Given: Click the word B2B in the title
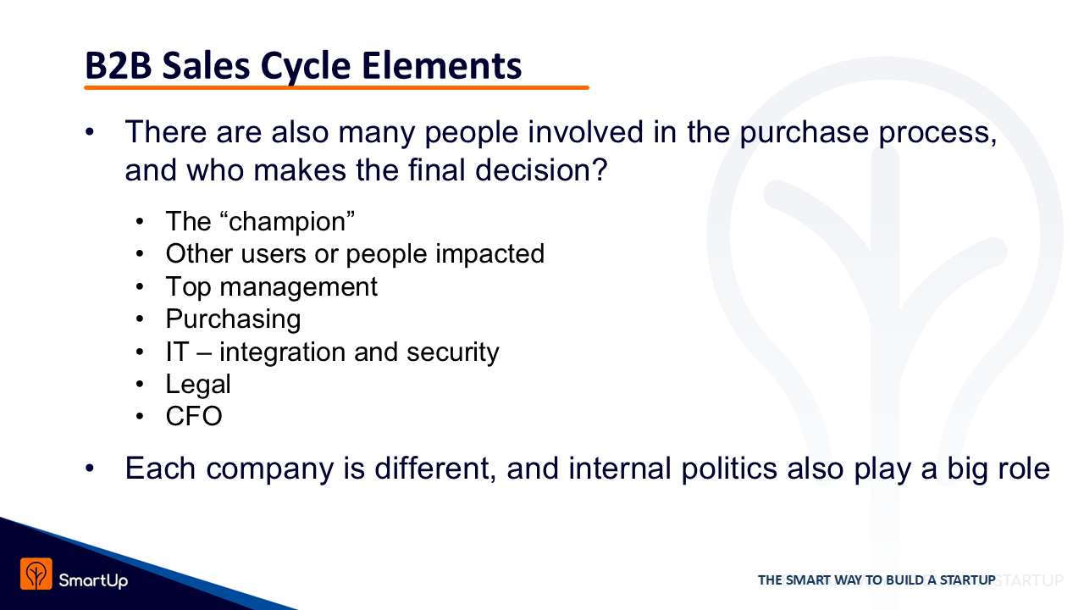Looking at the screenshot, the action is [x=119, y=65].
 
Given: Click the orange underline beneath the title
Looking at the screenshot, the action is [x=336, y=87].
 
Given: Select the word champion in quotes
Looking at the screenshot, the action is [x=287, y=222].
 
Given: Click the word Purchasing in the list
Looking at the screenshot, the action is [x=233, y=319].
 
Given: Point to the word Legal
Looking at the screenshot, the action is [x=198, y=385].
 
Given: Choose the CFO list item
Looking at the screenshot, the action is [x=194, y=416].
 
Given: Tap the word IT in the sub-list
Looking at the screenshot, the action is [x=177, y=352].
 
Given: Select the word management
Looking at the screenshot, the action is [x=299, y=287].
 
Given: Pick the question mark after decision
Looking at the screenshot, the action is [x=600, y=169].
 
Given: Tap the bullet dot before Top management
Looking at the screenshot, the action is [x=140, y=287].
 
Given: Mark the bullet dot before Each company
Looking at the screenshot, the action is [x=90, y=469].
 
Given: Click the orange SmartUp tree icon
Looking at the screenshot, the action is [x=36, y=574].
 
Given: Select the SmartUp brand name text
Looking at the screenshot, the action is [x=93, y=580].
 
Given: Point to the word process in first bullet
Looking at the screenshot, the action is [x=937, y=133].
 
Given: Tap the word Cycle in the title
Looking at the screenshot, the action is [x=306, y=66].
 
